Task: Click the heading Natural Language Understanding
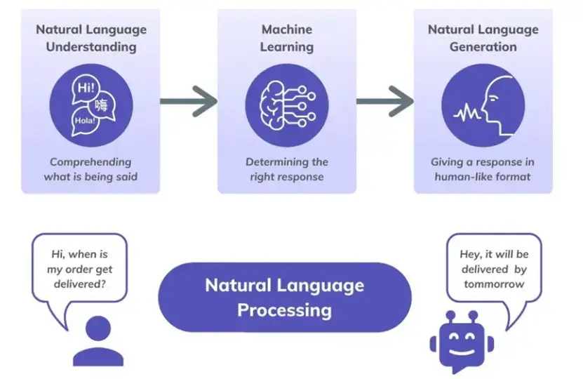(91, 38)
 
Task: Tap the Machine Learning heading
(286, 38)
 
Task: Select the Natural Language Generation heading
(483, 38)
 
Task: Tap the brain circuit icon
(286, 105)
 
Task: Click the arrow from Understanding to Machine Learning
(189, 102)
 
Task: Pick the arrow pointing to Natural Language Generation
(384, 102)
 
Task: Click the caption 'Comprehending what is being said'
(91, 169)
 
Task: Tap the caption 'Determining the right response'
(286, 169)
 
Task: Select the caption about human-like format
(483, 169)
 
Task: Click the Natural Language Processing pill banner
(284, 297)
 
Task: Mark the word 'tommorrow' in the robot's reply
(493, 284)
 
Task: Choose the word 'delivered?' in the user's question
(81, 284)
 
